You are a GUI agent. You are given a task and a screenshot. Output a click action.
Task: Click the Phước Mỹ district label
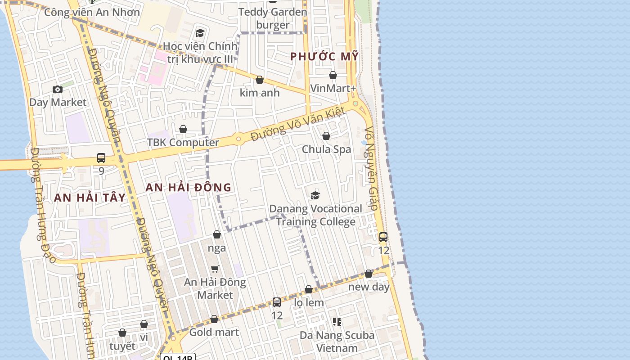click(x=324, y=57)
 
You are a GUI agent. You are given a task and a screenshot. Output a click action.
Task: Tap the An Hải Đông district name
click(x=189, y=187)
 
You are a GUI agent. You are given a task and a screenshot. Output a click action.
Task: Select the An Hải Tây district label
click(x=90, y=197)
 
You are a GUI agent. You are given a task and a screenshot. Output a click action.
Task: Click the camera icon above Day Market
click(x=58, y=89)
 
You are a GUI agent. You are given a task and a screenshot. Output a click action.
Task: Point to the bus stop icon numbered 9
click(x=101, y=158)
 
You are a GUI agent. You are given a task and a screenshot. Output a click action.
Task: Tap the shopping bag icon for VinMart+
click(x=333, y=75)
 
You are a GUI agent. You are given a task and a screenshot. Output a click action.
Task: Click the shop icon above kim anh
click(x=260, y=80)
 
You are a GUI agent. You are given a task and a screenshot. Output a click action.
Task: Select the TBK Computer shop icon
click(x=183, y=130)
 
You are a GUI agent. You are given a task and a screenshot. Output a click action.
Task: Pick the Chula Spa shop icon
click(x=326, y=136)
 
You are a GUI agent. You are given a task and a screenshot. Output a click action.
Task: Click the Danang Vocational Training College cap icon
click(x=315, y=195)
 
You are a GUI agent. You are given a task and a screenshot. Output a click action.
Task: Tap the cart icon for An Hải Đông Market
click(x=215, y=269)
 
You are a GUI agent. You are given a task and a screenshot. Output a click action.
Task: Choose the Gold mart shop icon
click(x=214, y=319)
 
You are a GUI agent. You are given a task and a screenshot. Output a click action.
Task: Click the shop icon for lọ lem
click(x=309, y=289)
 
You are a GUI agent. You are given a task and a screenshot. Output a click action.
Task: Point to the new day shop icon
click(x=369, y=274)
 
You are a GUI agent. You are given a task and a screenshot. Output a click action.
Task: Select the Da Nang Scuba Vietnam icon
click(x=337, y=321)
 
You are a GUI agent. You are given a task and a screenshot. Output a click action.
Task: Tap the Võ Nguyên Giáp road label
click(x=371, y=169)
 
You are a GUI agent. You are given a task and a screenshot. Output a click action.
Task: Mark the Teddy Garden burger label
click(x=273, y=18)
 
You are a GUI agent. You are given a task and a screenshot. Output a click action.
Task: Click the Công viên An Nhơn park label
click(x=92, y=12)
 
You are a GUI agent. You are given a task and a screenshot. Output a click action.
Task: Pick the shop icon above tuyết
click(x=122, y=333)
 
